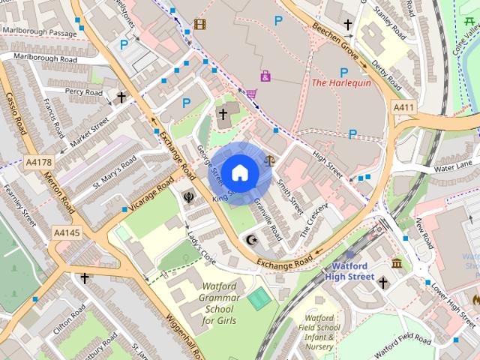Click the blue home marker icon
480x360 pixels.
tap(238, 173)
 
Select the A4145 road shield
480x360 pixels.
tap(66, 233)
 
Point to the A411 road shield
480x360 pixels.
tap(403, 108)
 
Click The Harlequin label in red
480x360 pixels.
tap(340, 83)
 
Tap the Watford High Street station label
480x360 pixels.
tap(350, 271)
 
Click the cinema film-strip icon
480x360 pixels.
tap(199, 24)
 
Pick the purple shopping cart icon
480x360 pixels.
tap(251, 94)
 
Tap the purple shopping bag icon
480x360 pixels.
tap(265, 76)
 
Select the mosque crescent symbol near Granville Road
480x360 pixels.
tap(252, 240)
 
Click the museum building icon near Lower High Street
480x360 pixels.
tap(396, 263)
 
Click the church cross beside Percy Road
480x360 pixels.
tap(121, 97)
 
